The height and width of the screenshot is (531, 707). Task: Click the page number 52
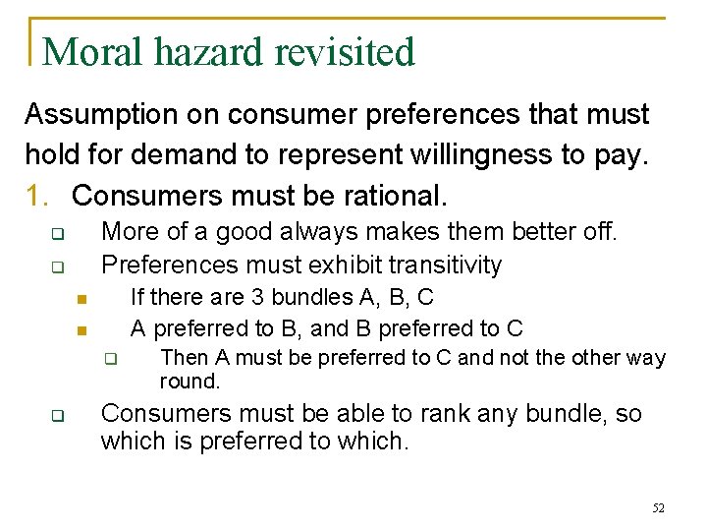[x=658, y=508]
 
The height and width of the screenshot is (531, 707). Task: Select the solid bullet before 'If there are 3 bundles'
[x=83, y=299]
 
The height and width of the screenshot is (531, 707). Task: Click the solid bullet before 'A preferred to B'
[x=83, y=329]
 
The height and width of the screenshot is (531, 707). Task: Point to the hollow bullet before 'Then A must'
[x=112, y=359]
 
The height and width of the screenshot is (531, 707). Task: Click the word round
[x=189, y=382]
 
